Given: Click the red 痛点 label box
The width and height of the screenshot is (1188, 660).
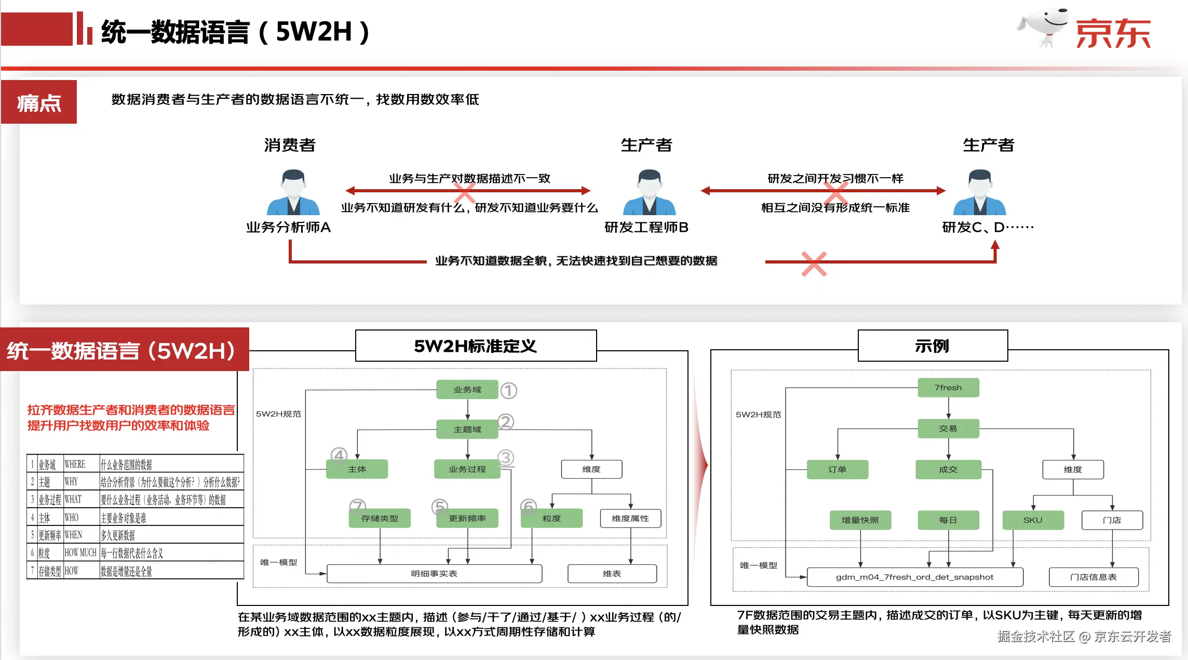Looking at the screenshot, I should [x=39, y=102].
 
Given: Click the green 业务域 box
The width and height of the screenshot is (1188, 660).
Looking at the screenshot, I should [x=467, y=390].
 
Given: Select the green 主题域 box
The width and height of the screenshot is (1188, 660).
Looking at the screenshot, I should [x=467, y=429].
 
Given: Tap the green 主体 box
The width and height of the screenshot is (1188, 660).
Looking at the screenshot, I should [x=357, y=469].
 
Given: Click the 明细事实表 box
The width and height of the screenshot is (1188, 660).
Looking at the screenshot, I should [x=434, y=574].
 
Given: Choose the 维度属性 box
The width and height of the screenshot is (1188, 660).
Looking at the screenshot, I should [x=630, y=519].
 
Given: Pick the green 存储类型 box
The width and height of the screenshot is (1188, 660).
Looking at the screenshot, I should [x=380, y=519].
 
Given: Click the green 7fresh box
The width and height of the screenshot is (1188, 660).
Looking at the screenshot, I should [x=948, y=388].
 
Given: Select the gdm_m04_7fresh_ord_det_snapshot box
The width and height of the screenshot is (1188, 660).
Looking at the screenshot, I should [x=914, y=577].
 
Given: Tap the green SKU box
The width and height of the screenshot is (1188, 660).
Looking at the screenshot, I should [x=1033, y=520].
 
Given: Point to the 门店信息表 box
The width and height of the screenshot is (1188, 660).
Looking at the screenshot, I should [x=1093, y=577].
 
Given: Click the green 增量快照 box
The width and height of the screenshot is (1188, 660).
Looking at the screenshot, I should [x=860, y=520].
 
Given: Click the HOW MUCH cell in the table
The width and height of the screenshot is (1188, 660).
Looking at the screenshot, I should [x=80, y=553].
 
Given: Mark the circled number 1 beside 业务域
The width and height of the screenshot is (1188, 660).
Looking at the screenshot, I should [x=509, y=391].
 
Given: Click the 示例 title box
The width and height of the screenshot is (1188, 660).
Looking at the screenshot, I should [x=933, y=346].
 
